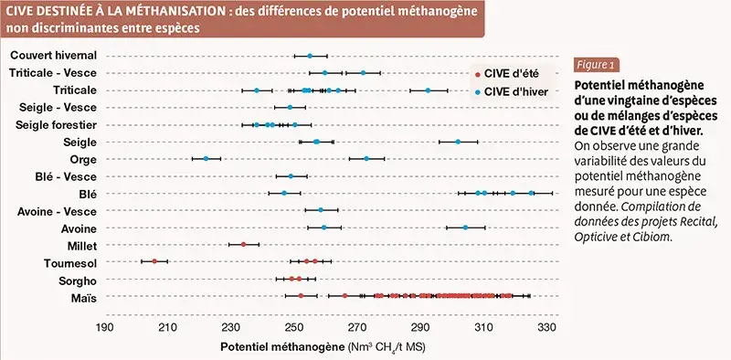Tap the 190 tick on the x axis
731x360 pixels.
point(104,326)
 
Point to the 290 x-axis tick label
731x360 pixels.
point(420,326)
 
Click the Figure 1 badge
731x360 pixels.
point(596,65)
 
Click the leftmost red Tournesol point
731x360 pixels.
point(154,261)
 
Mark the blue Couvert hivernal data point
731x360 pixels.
point(310,56)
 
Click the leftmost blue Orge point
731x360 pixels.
point(207,158)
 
